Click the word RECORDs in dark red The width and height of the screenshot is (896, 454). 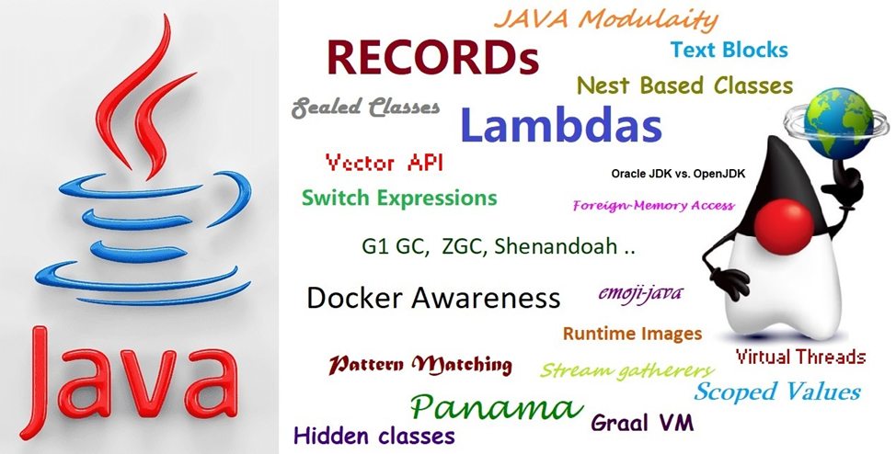[431, 59]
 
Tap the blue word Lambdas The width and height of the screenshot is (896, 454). [559, 125]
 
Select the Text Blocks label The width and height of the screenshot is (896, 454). [729, 50]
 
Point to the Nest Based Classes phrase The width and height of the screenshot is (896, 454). [684, 85]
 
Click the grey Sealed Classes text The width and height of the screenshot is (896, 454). [365, 108]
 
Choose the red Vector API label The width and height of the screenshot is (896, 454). [385, 164]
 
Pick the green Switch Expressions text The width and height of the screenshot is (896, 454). [399, 198]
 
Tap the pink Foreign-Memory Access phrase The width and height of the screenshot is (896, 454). [653, 206]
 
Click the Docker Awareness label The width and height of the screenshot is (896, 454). [432, 298]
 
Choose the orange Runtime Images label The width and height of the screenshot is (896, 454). [632, 334]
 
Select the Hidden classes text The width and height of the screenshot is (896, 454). [373, 435]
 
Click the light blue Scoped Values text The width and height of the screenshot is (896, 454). [777, 392]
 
